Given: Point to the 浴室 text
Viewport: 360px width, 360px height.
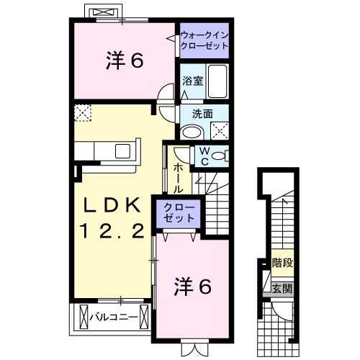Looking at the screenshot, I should [x=192, y=81].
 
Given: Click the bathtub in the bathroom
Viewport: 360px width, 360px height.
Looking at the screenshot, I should [x=217, y=81].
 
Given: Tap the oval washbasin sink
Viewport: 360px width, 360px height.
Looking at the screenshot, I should [x=192, y=132].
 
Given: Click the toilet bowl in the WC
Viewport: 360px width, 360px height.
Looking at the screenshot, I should [x=220, y=156].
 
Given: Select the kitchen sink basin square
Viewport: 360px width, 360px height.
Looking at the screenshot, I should [x=121, y=150].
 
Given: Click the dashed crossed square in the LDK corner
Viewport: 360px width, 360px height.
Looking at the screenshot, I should [x=82, y=113].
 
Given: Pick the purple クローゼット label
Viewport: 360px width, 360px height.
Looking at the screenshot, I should [x=176, y=214].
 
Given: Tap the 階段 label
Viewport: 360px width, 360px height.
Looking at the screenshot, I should [x=282, y=264].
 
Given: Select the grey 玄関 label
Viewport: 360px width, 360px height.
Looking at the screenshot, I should [x=282, y=289].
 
